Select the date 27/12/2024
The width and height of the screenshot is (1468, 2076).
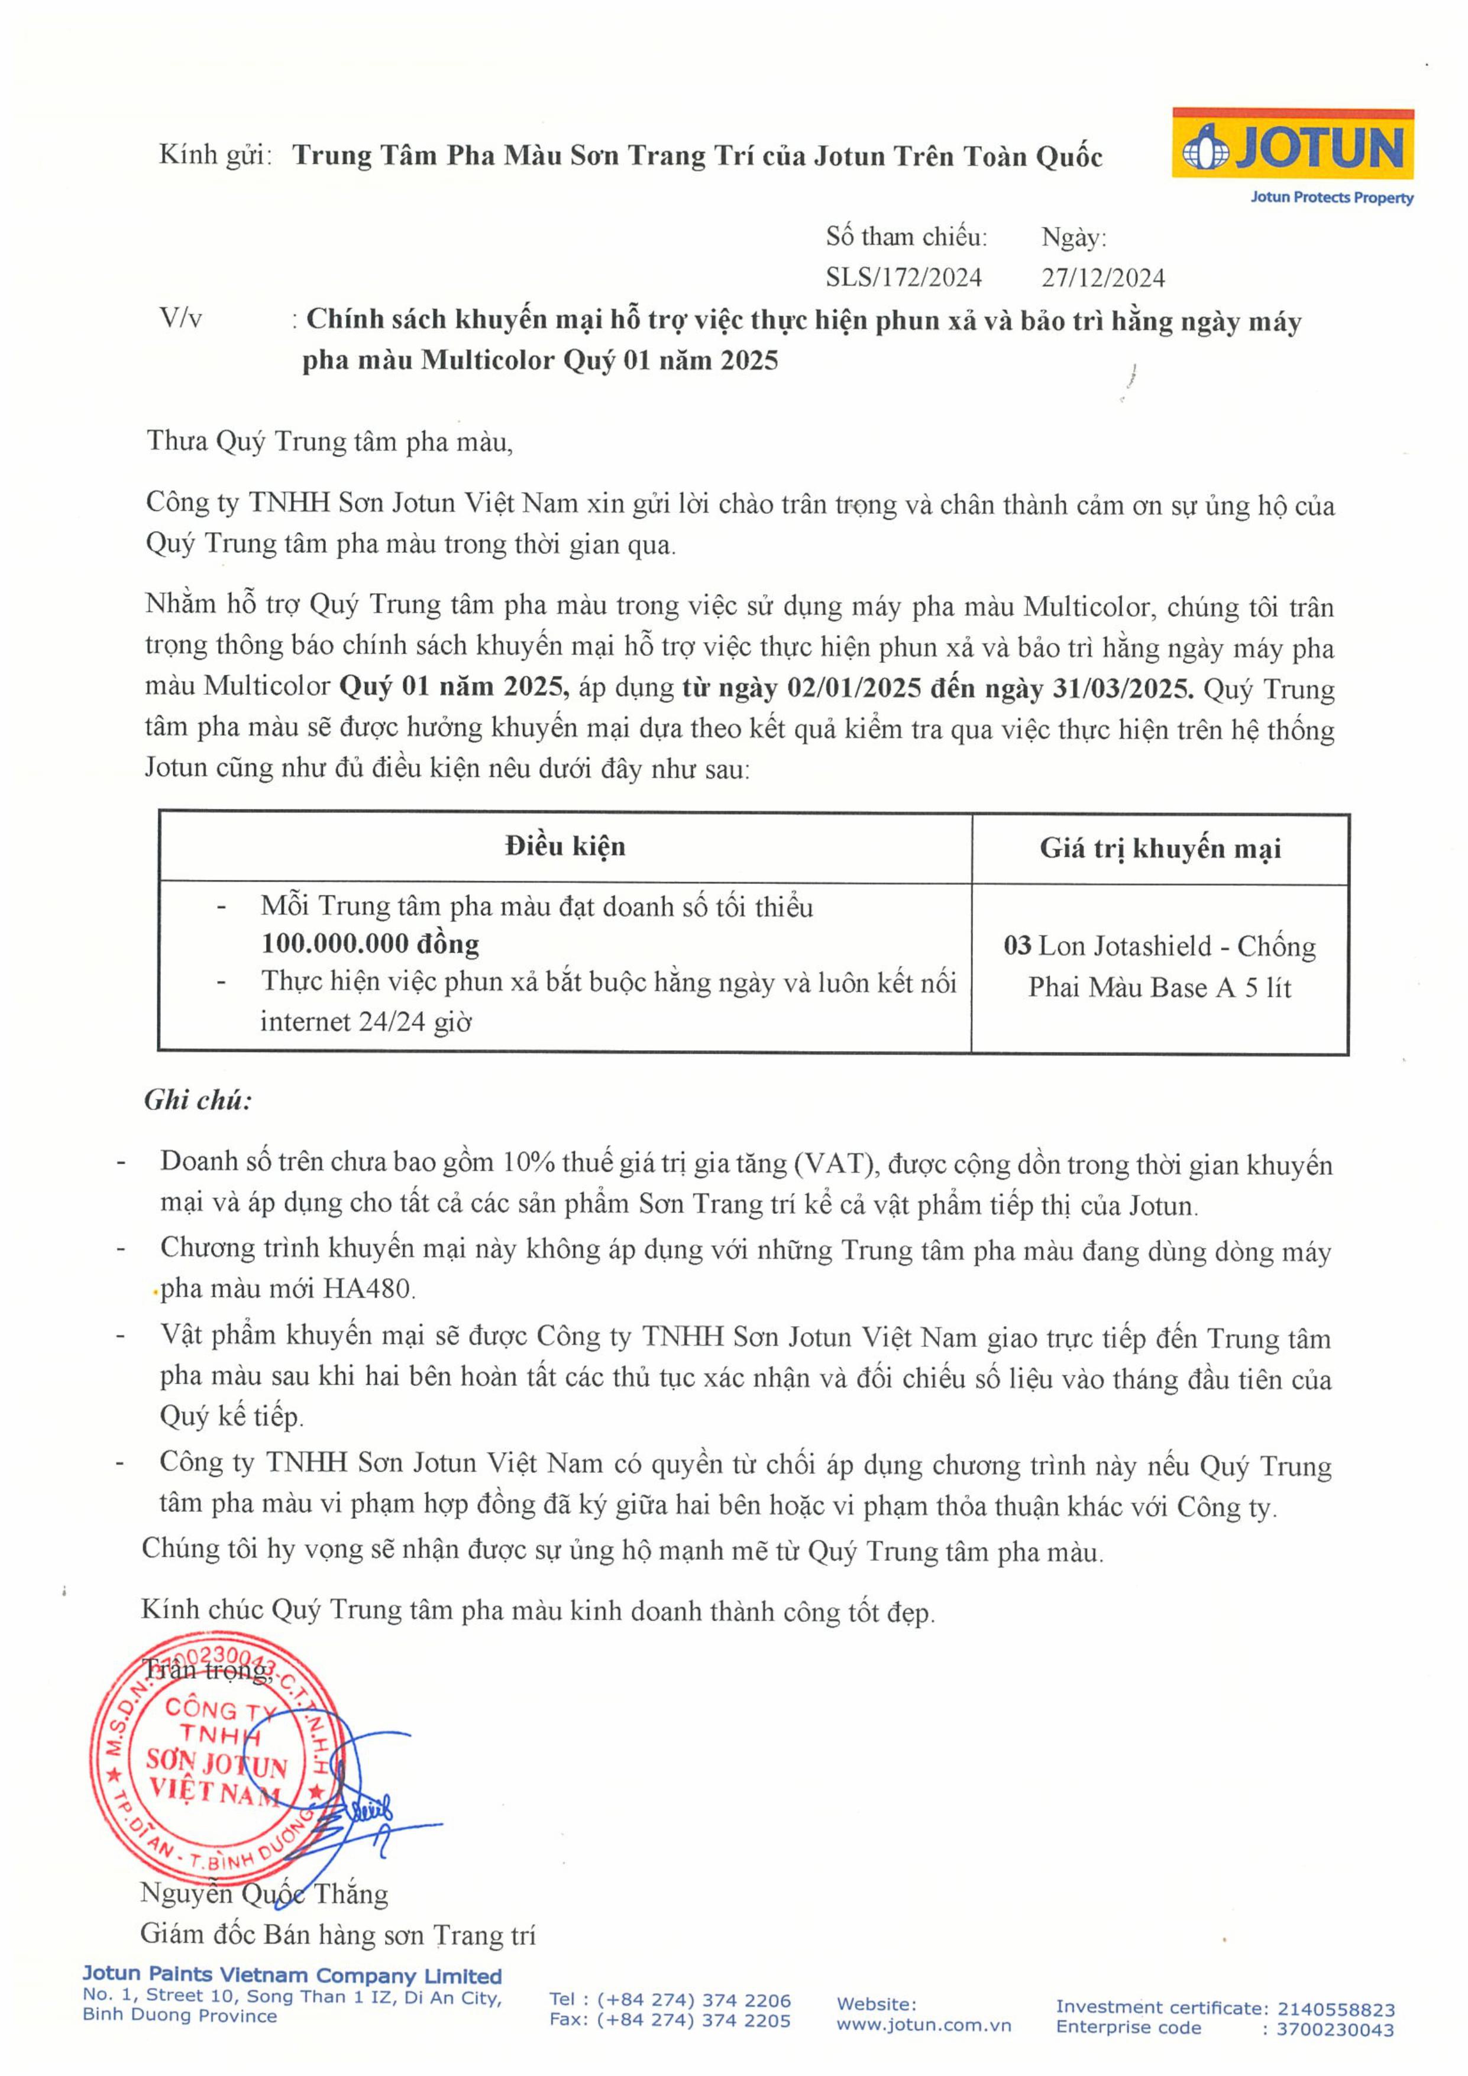click(x=1102, y=277)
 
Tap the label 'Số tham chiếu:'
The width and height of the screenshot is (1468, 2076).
click(x=906, y=237)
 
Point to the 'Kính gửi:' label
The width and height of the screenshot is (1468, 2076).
click(x=215, y=154)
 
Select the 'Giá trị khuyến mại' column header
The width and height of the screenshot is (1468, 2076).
click(x=1160, y=848)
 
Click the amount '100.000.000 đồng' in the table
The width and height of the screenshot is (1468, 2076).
click(x=370, y=944)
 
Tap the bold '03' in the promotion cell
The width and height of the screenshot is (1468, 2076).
click(x=1017, y=946)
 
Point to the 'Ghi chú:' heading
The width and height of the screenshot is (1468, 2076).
click(x=198, y=1100)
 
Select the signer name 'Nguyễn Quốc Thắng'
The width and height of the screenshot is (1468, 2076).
click(x=264, y=1893)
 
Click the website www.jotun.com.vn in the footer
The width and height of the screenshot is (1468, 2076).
click(x=923, y=2025)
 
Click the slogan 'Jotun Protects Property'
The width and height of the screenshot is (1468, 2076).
click(x=1331, y=197)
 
